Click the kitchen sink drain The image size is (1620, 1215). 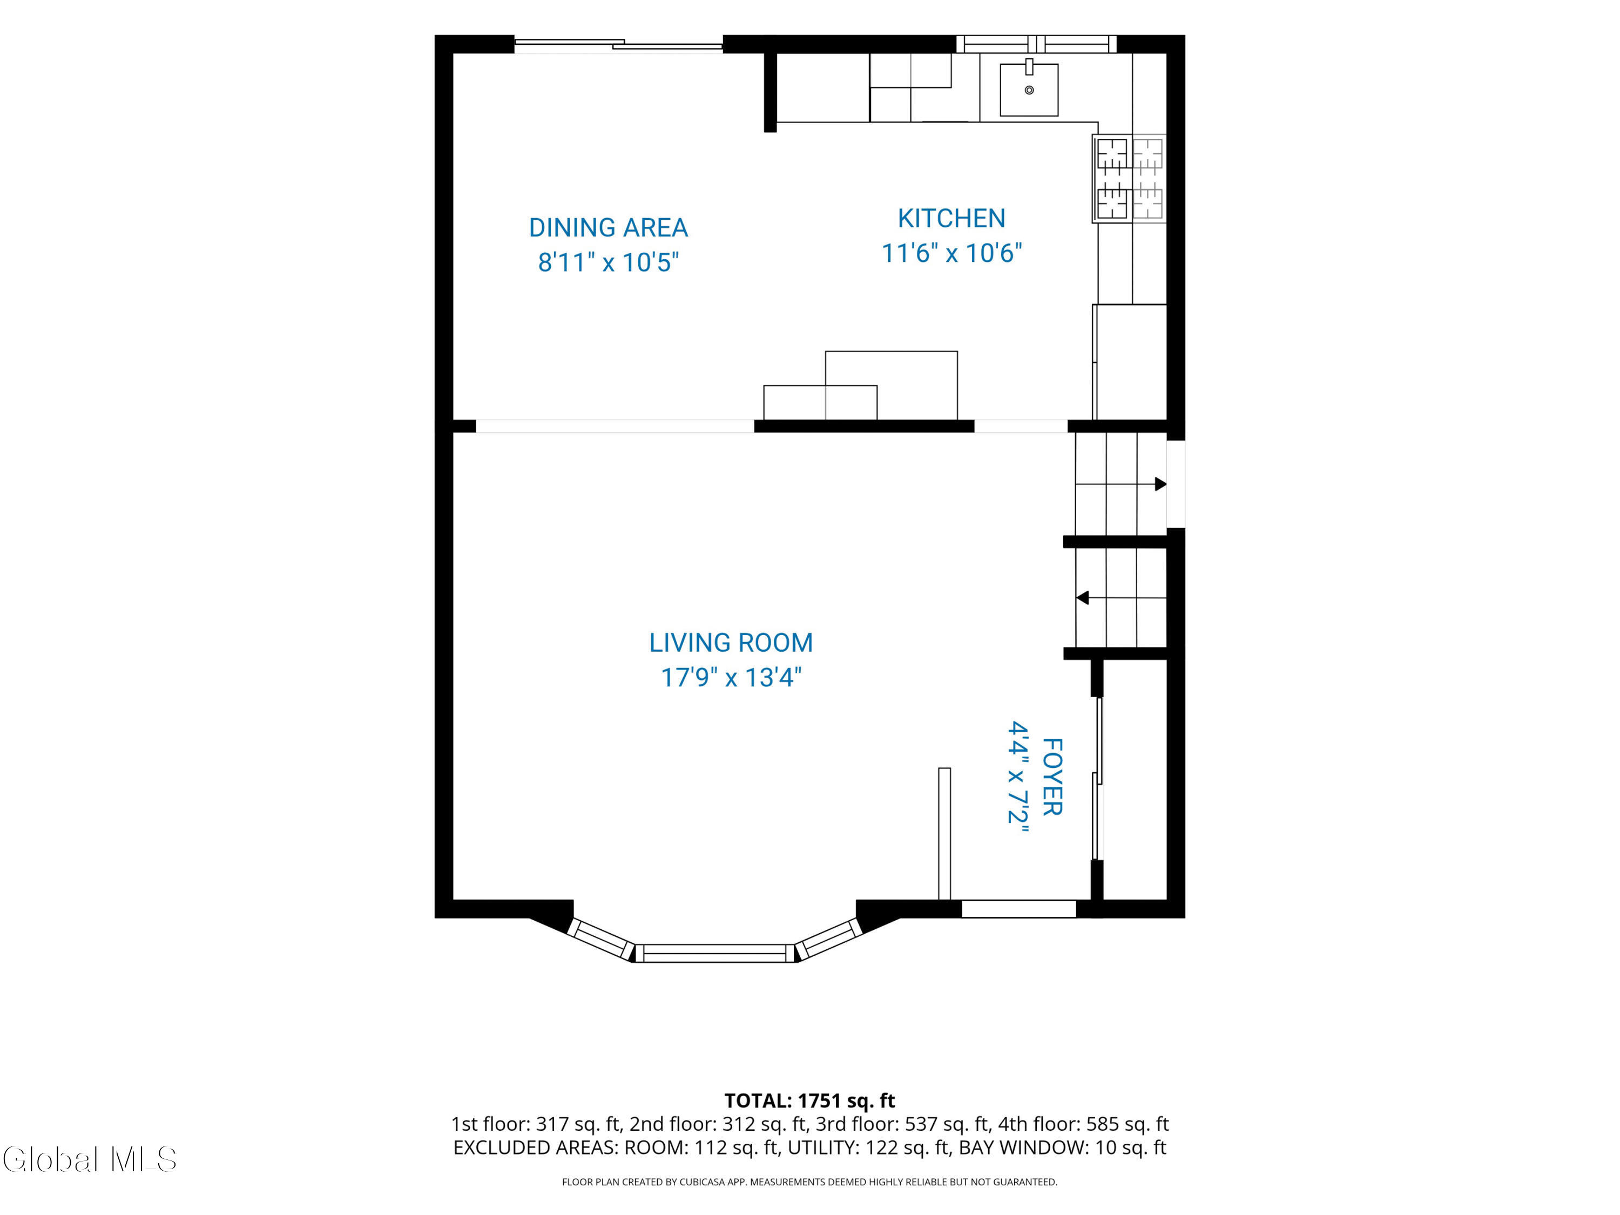click(x=1029, y=90)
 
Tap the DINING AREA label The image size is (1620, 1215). click(x=608, y=228)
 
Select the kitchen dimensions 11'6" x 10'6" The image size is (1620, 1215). click(x=951, y=253)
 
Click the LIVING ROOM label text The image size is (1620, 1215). click(x=731, y=643)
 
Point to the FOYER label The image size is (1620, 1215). click(x=1052, y=777)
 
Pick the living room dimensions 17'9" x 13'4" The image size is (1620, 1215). click(x=731, y=678)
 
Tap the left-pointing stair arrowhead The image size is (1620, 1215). click(x=1082, y=598)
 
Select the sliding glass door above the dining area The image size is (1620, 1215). click(x=618, y=45)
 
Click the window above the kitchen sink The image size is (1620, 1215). click(x=1036, y=44)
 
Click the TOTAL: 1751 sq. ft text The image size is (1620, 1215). click(x=809, y=1101)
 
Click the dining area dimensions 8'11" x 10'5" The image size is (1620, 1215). click(x=608, y=262)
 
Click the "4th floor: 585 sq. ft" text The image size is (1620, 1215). click(x=1083, y=1124)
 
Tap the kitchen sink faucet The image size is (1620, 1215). click(x=1029, y=66)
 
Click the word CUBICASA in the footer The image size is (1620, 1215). click(x=703, y=1182)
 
